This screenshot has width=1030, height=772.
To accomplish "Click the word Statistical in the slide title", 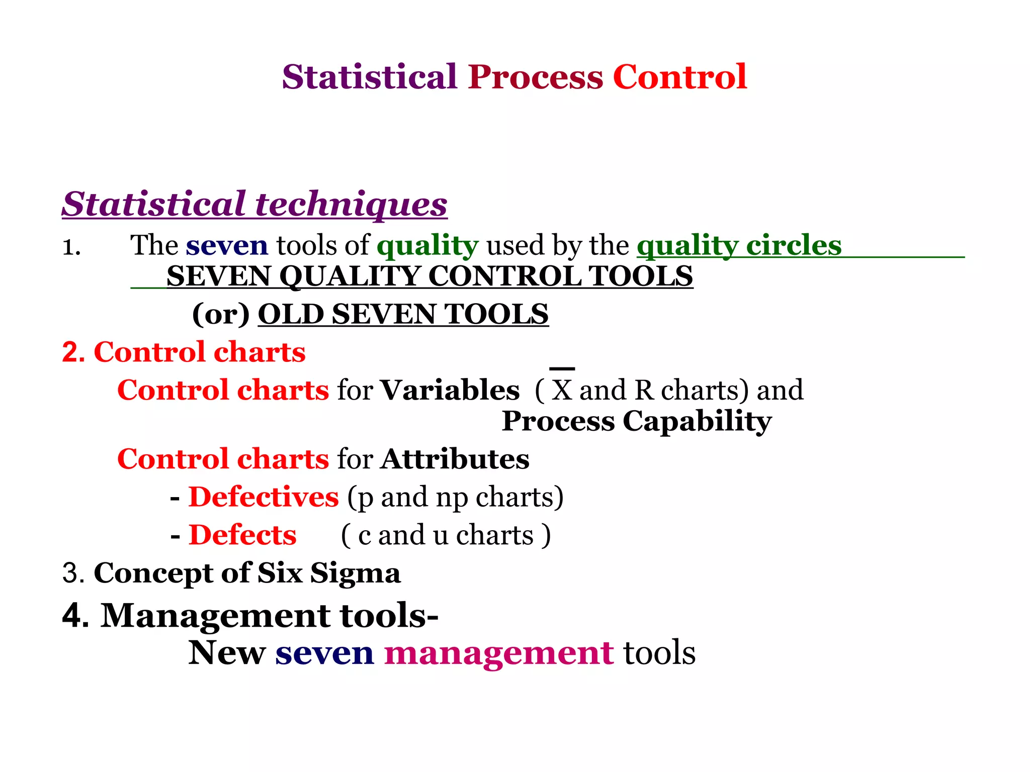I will (x=369, y=77).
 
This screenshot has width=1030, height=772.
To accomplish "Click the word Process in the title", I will (x=535, y=77).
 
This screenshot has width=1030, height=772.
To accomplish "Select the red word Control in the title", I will (x=679, y=77).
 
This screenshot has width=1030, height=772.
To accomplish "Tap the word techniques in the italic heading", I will (x=351, y=204).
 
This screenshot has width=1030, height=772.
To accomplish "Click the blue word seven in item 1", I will (x=227, y=245).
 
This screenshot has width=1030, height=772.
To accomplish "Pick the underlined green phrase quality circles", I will (x=739, y=245).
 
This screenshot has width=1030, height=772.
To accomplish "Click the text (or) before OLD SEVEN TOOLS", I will (x=221, y=314).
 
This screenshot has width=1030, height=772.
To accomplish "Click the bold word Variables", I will (x=450, y=390).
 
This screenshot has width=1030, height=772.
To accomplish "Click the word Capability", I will (x=697, y=421).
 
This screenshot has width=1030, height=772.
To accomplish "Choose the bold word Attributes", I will (x=455, y=459).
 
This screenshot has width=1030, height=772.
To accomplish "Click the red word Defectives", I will (x=264, y=497).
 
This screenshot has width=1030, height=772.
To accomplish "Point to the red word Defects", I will (x=242, y=535).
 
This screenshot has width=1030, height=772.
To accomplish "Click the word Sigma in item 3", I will (x=355, y=573).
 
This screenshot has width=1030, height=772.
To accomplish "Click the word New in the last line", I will (x=227, y=653).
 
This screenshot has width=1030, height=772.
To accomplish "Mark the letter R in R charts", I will (x=644, y=390).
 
